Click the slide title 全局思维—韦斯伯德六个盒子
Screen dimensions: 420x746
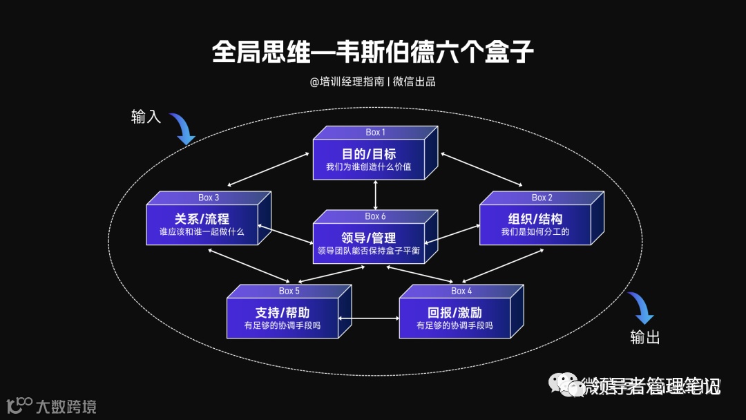372,53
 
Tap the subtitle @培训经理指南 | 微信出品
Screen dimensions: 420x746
372,82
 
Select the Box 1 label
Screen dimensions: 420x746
375,132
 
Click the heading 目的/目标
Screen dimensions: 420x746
369,153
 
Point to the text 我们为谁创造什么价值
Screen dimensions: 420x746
369,166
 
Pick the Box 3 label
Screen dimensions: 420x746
209,198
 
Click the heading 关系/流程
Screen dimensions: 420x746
202,219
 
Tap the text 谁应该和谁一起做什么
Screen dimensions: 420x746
202,232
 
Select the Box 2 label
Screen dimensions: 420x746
542,198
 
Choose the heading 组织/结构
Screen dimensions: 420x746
535,219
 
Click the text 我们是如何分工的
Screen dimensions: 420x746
535,232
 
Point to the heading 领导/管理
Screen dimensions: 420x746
369,238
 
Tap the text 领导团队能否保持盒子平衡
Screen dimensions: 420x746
369,251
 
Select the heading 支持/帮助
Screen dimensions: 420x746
283,312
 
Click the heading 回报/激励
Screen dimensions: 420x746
455,312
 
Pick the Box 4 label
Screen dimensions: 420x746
461,291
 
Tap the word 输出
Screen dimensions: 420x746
644,337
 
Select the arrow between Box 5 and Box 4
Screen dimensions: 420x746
369,318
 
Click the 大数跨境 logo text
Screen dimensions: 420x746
66,405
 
